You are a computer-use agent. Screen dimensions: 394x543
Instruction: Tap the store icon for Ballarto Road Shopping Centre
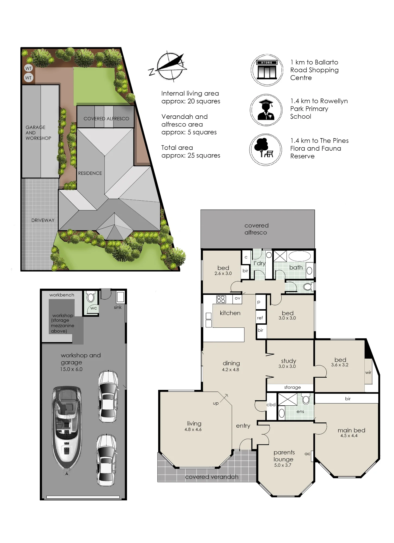pyautogui.click(x=267, y=70)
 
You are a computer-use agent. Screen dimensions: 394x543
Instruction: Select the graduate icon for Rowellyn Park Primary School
pyautogui.click(x=266, y=110)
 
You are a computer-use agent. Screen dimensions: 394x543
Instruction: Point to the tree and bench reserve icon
pyautogui.click(x=266, y=150)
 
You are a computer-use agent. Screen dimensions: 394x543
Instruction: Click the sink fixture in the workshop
pyautogui.click(x=120, y=297)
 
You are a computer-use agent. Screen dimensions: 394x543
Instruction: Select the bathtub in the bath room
pyautogui.click(x=300, y=256)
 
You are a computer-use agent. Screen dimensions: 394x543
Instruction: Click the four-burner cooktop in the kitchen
pyautogui.click(x=221, y=299)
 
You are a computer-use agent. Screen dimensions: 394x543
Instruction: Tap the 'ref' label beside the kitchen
pyautogui.click(x=260, y=318)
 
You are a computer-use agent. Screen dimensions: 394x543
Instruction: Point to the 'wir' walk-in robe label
pyautogui.click(x=368, y=372)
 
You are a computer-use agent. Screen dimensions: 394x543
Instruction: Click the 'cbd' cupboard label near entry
pyautogui.click(x=271, y=405)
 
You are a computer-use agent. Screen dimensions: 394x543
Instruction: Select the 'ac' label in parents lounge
pyautogui.click(x=307, y=454)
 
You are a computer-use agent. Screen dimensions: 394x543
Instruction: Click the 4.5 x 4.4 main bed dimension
pyautogui.click(x=349, y=436)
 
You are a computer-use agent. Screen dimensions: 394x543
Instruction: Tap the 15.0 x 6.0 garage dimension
pyautogui.click(x=71, y=369)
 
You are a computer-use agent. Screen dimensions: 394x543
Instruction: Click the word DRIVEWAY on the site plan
pyautogui.click(x=43, y=220)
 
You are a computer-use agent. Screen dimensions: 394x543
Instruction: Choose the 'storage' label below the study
pyautogui.click(x=293, y=387)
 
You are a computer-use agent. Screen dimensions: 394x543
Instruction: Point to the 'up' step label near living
pyautogui.click(x=216, y=403)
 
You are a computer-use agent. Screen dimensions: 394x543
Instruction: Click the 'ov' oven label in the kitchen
pyautogui.click(x=237, y=298)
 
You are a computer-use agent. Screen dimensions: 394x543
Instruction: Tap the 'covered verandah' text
pyautogui.click(x=212, y=477)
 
